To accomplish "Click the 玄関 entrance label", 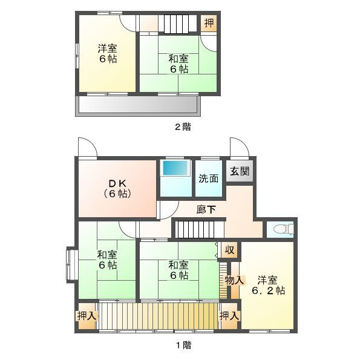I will tap(240, 171).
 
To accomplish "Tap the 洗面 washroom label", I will tap(209, 178).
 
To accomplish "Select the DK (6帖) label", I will tap(116, 189).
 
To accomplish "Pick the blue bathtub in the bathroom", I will tap(176, 169).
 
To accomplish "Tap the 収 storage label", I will tap(229, 250).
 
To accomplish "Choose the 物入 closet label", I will tap(234, 280).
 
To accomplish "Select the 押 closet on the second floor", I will tap(209, 24).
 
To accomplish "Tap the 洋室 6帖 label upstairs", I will tap(108, 54).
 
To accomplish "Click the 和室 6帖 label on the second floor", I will tap(178, 64).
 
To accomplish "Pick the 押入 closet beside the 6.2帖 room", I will tap(229, 316).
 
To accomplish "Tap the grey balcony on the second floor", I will tap(137, 107).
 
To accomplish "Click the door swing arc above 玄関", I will tap(238, 148).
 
